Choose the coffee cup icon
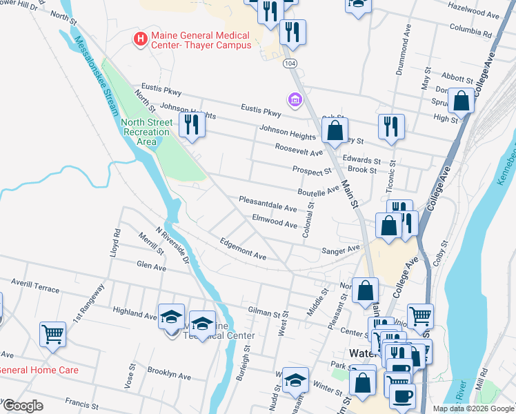402,395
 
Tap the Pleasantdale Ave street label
268,204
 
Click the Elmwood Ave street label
274,220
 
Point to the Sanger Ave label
341,250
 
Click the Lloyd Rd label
115,243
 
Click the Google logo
23,406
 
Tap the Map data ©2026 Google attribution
473,408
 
